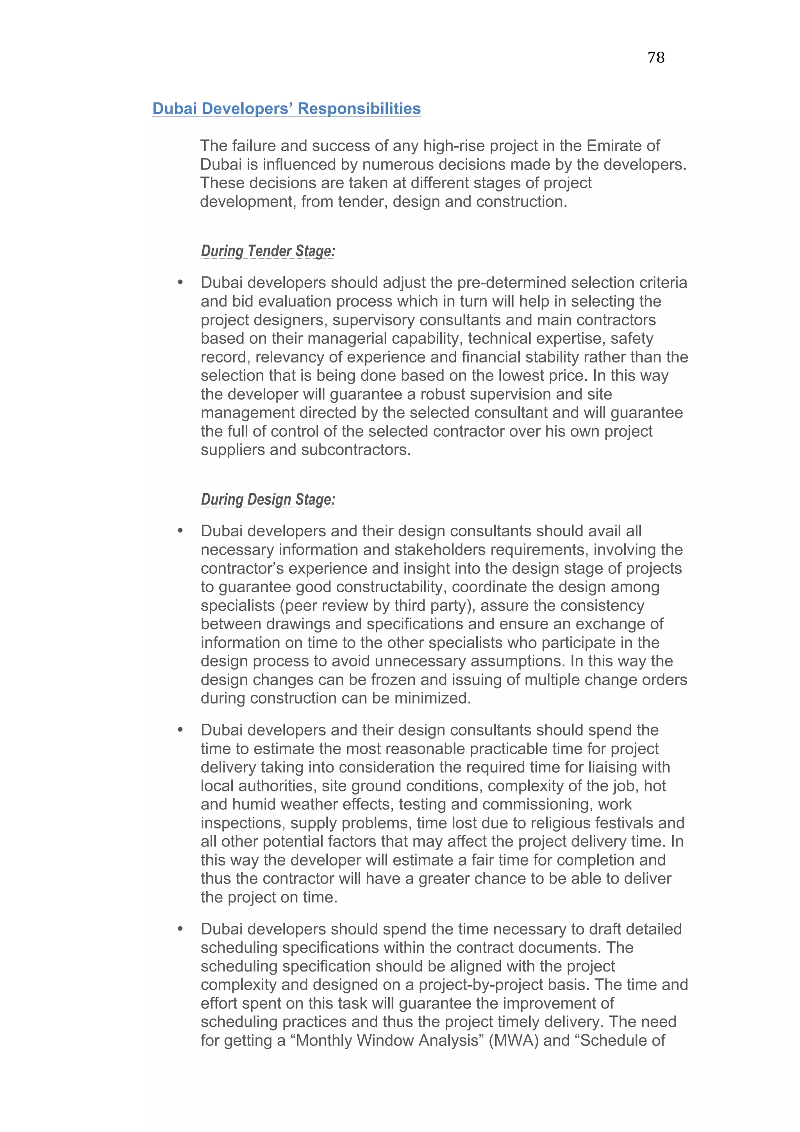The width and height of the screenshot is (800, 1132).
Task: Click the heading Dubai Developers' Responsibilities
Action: [x=286, y=109]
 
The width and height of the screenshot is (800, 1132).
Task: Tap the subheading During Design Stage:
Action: [x=268, y=500]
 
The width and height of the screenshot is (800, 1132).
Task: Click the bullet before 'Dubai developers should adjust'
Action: [x=180, y=282]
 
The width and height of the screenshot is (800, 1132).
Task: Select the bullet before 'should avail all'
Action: [x=180, y=531]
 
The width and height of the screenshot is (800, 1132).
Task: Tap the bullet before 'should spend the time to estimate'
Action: [x=180, y=730]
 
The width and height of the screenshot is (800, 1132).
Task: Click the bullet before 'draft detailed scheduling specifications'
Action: [x=180, y=929]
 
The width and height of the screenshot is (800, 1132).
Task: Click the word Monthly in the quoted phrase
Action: [x=324, y=1040]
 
